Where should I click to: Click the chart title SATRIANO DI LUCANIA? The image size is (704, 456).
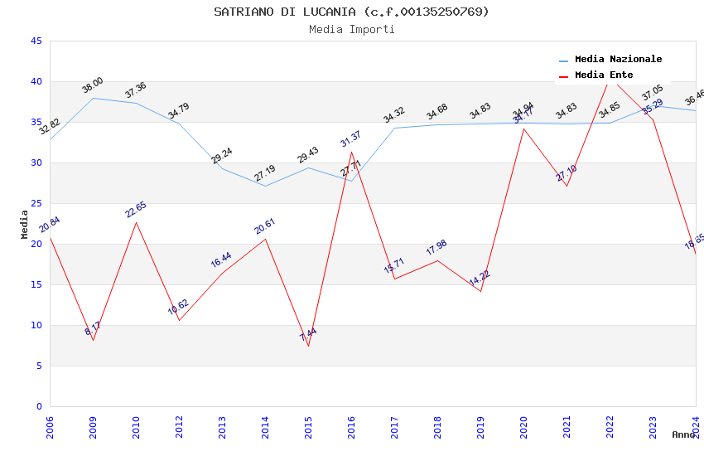pyautogui.click(x=351, y=12)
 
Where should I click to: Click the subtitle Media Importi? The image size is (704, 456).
pyautogui.click(x=351, y=29)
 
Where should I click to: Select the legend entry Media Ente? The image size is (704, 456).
pyautogui.click(x=604, y=75)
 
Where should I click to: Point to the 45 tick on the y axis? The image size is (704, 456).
pyautogui.click(x=36, y=41)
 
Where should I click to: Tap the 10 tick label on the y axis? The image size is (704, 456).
pyautogui.click(x=36, y=325)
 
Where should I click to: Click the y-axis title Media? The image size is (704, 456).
pyautogui.click(x=25, y=224)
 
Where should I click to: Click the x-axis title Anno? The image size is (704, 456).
pyautogui.click(x=683, y=434)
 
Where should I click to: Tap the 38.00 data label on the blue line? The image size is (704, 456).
pyautogui.click(x=93, y=85)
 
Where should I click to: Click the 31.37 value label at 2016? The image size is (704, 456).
pyautogui.click(x=351, y=138)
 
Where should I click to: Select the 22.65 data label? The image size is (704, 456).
pyautogui.click(x=136, y=209)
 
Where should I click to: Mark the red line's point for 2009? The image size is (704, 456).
pyautogui.click(x=93, y=340)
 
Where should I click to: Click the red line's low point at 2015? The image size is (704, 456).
pyautogui.click(x=308, y=346)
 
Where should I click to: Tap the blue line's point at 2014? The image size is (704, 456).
pyautogui.click(x=265, y=186)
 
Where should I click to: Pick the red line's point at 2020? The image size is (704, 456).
pyautogui.click(x=523, y=129)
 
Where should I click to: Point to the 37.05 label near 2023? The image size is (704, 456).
pyautogui.click(x=652, y=92)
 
